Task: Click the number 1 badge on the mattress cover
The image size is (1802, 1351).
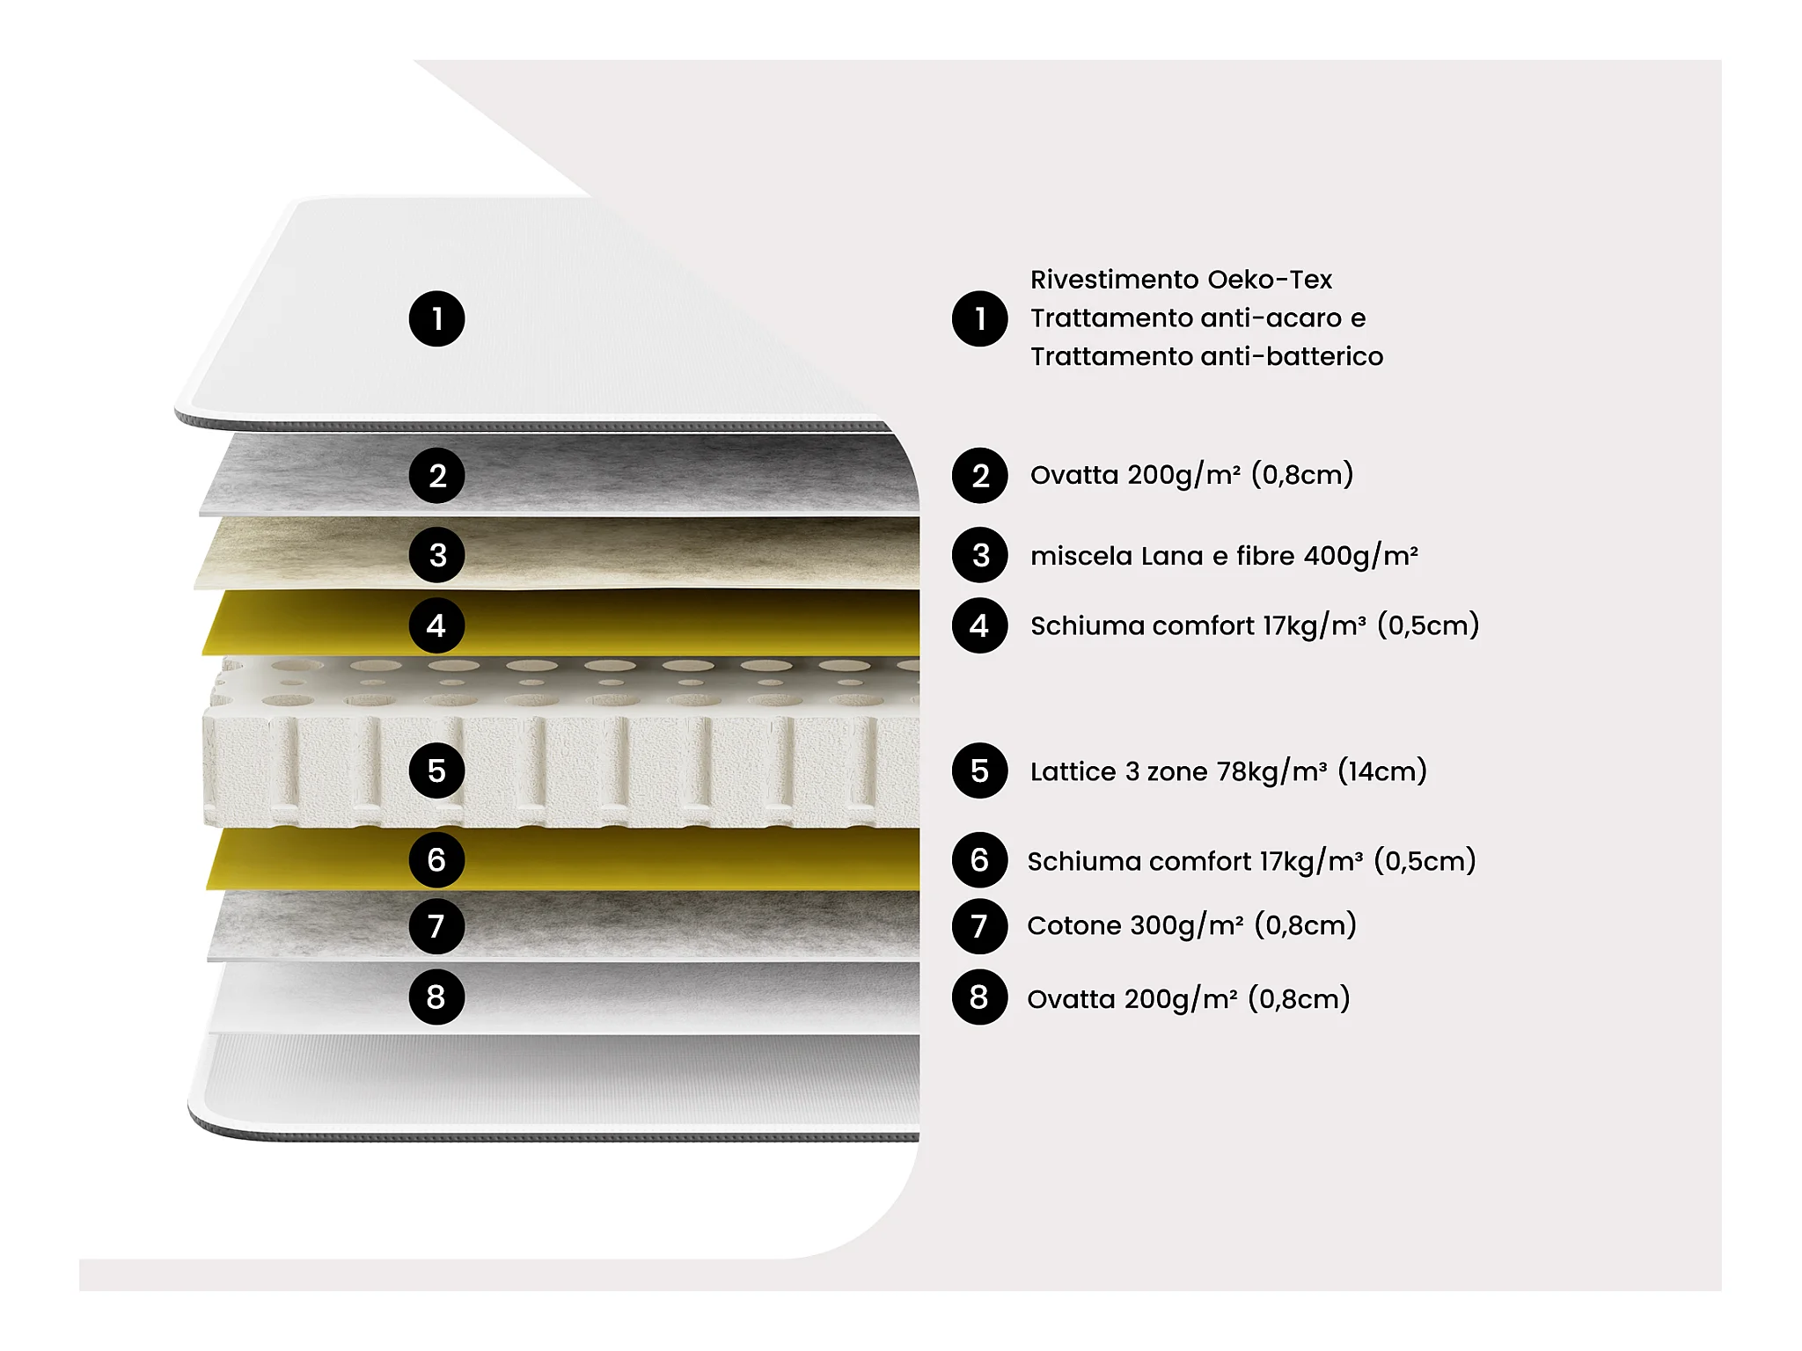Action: pyautogui.click(x=436, y=318)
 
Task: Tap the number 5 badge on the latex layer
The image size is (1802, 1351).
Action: pyautogui.click(x=436, y=770)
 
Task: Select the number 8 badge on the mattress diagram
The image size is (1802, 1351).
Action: pyautogui.click(x=436, y=997)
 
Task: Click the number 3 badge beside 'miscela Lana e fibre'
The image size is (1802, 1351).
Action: pyautogui.click(x=979, y=555)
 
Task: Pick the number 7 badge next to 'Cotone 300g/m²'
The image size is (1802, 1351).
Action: pyautogui.click(x=979, y=926)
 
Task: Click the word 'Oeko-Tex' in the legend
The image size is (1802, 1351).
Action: pyautogui.click(x=1270, y=280)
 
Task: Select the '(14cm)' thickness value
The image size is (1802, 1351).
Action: pyautogui.click(x=1382, y=771)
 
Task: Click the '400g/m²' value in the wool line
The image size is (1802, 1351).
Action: pyautogui.click(x=1361, y=556)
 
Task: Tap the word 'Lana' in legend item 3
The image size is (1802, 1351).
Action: pyautogui.click(x=1171, y=556)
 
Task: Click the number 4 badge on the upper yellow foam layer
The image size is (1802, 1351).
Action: pyautogui.click(x=436, y=625)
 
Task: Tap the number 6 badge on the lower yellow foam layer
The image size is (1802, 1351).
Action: pyautogui.click(x=436, y=859)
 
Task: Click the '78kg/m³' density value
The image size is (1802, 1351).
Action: pyautogui.click(x=1272, y=771)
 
